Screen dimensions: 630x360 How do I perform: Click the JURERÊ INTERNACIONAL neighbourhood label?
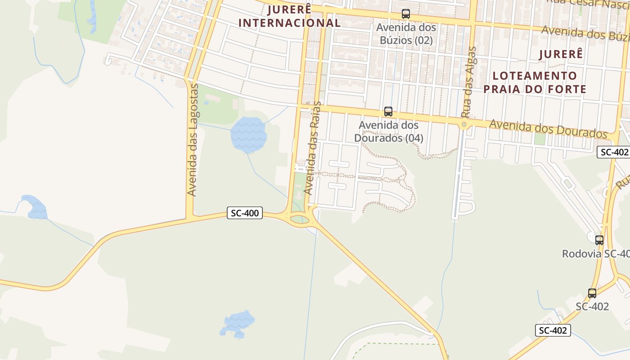pos(289,16)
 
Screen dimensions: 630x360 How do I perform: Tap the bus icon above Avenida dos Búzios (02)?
pos(406,14)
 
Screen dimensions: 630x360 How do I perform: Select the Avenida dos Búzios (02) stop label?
pos(406,34)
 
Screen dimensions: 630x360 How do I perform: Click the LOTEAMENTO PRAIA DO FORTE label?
pos(535,82)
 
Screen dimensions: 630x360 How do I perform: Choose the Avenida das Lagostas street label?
pos(193,139)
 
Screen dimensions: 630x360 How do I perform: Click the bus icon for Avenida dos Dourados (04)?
pos(388,112)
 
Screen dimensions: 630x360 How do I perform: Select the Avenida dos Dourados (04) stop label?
pos(389,131)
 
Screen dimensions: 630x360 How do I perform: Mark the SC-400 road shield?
pos(245,213)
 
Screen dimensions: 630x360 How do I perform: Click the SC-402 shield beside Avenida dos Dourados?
pos(613,152)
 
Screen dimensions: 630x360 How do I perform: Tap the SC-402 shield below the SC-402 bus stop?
pos(553,330)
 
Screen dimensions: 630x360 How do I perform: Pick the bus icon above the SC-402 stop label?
pos(592,293)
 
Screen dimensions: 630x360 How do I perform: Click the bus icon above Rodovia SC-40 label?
pos(599,240)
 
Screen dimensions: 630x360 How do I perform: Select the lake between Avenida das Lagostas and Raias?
pos(248,135)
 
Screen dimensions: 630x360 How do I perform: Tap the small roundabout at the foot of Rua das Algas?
pos(464,124)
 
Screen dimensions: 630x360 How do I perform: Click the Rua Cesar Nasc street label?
pos(587,3)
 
